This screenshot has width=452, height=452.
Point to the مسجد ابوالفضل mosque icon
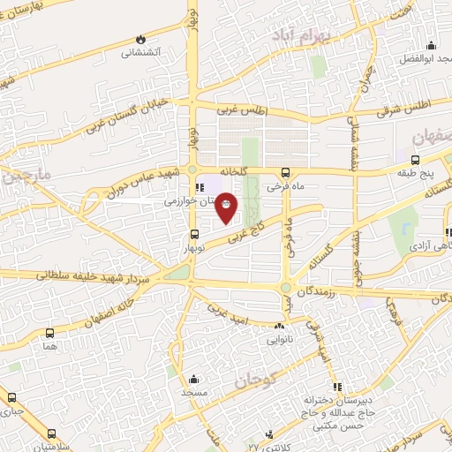[432, 46]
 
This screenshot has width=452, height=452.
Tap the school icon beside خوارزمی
[200, 186]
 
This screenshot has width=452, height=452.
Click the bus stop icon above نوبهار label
[195, 235]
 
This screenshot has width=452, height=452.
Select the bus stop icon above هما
[49, 334]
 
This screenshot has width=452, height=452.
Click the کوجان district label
[256, 380]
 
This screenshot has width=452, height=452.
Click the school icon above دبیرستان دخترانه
[335, 387]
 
